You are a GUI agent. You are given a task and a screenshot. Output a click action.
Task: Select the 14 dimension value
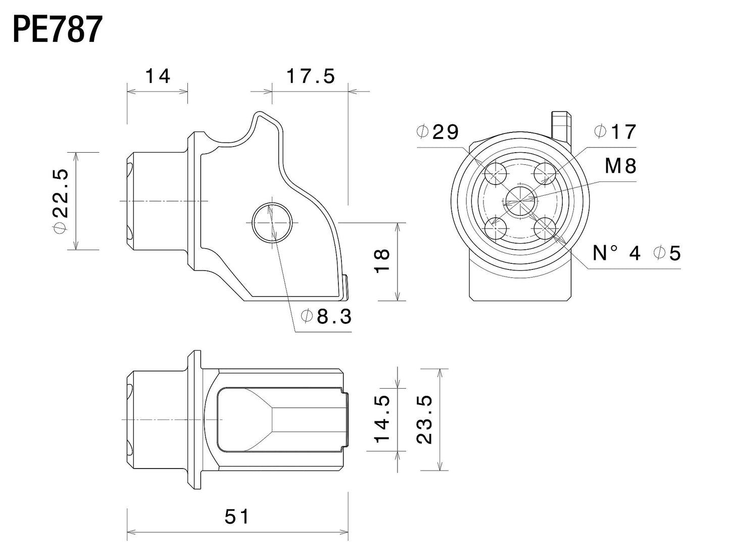coord(158,76)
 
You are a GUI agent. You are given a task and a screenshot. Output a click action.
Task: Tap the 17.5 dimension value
coord(310,76)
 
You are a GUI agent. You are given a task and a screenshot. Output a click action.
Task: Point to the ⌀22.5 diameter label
coord(60,201)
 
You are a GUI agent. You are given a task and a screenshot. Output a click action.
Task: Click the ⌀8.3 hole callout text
coord(326,317)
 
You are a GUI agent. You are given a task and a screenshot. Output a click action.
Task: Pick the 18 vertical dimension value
coord(383,260)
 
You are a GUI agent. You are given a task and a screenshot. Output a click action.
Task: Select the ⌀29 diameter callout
coord(437,132)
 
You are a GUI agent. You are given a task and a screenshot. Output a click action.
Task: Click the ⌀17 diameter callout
coord(615,132)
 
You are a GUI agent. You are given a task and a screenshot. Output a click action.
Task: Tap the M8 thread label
coord(620,166)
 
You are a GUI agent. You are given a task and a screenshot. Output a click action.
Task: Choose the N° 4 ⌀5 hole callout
coord(637,253)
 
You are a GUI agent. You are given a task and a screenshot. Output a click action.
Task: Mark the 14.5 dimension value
coord(383,419)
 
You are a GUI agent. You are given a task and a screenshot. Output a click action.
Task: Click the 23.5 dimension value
coord(425,419)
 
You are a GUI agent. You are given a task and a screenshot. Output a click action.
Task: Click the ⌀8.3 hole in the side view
coord(272,223)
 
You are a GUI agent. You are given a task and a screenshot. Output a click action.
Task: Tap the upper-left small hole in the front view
coord(496,174)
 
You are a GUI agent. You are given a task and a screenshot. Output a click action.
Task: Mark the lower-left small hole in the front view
coord(496,228)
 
